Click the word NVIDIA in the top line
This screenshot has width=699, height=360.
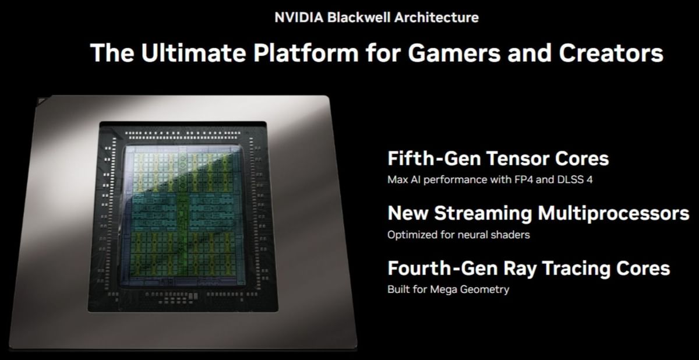(299, 17)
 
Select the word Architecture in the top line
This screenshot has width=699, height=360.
(436, 17)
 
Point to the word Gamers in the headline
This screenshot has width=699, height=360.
(442, 53)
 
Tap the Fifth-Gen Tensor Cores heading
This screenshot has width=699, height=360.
(498, 158)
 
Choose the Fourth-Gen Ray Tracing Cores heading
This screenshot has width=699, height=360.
(528, 269)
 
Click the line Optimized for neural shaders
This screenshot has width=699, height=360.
(458, 235)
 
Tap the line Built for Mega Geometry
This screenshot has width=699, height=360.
(448, 290)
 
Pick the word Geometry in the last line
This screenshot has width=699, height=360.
(483, 290)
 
